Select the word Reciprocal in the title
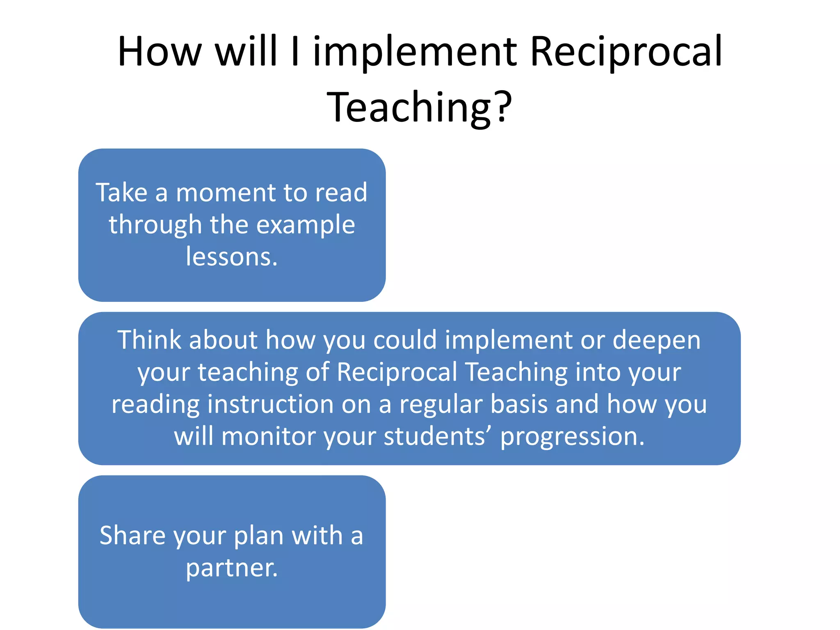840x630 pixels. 626,52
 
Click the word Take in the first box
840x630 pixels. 121,192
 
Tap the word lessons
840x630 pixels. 232,257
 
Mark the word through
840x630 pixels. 155,226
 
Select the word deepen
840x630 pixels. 656,341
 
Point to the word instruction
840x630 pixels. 271,405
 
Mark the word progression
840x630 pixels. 572,437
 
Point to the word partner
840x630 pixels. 232,568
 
